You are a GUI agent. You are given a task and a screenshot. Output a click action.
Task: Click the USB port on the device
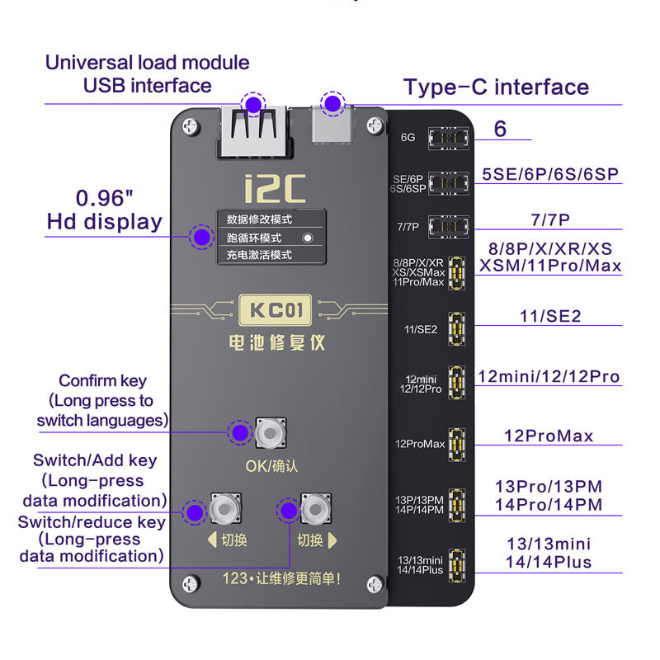tap(252, 132)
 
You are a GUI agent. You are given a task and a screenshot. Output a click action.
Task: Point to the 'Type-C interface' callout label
tap(495, 87)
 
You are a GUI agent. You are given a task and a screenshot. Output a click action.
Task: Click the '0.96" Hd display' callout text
tap(104, 210)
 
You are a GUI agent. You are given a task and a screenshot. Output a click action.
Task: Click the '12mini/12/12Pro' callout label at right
tap(549, 377)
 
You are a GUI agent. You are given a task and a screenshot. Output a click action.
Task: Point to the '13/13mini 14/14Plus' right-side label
tap(549, 553)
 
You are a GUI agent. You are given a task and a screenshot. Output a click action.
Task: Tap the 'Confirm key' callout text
tap(102, 380)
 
